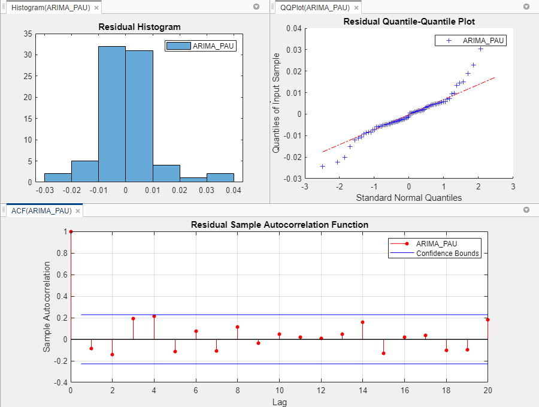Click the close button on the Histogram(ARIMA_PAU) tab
[x=96, y=8]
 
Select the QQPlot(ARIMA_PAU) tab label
[x=315, y=8]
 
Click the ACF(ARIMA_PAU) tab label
[x=41, y=210]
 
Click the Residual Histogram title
[x=139, y=27]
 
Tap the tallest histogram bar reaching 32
[x=112, y=114]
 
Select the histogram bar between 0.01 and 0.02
[x=166, y=173]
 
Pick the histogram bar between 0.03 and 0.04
[x=220, y=177]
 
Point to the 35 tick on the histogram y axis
[x=28, y=34]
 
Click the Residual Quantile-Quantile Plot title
[x=409, y=22]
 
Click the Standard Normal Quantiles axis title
[x=408, y=197]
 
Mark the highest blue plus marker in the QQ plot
[x=480, y=49]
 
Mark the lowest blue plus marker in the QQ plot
[x=322, y=166]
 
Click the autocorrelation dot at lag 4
[x=154, y=316]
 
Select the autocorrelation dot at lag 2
[x=112, y=354]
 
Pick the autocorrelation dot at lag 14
[x=362, y=322]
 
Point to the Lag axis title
[x=279, y=402]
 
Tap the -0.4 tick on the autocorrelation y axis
[x=59, y=382]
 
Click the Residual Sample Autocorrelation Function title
[x=279, y=225]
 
